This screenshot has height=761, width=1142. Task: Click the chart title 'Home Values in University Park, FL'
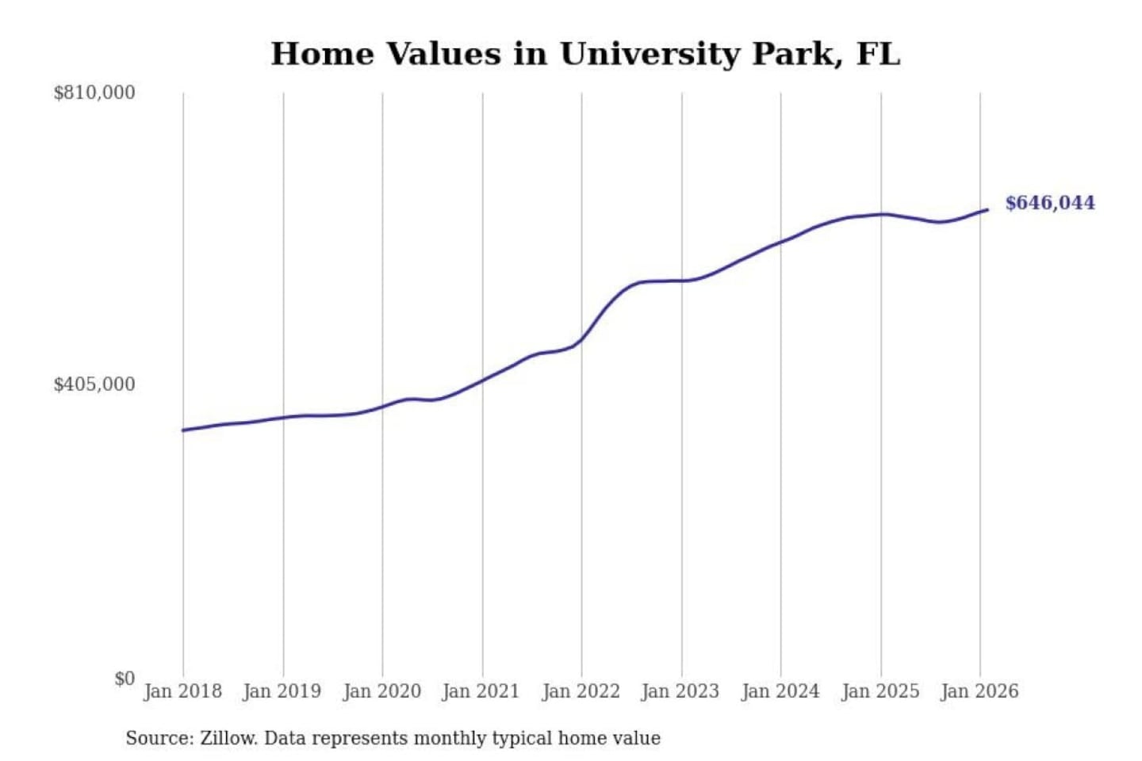tap(585, 54)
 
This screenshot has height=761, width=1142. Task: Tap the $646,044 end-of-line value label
tap(1049, 203)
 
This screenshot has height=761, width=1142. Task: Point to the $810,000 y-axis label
tap(94, 93)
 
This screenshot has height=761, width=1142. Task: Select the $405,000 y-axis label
tap(94, 384)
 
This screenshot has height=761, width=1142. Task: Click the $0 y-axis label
tap(125, 679)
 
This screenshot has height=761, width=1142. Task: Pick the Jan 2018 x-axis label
tap(182, 691)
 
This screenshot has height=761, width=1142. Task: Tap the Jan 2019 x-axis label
tap(282, 691)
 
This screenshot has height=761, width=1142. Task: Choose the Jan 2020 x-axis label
tap(381, 691)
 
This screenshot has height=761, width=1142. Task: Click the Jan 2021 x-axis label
tap(481, 691)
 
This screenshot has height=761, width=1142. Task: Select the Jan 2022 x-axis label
tap(581, 691)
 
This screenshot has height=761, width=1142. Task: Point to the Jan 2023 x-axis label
tap(680, 691)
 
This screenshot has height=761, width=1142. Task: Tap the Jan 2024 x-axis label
tap(780, 691)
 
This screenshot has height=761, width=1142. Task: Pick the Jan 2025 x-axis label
tap(879, 691)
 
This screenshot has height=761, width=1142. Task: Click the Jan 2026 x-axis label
tap(979, 691)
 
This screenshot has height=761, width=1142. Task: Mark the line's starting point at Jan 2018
tap(183, 430)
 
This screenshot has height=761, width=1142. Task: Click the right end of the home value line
tap(987, 209)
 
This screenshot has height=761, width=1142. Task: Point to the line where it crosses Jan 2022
tap(581, 340)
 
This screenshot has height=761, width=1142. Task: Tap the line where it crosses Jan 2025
tap(880, 214)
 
